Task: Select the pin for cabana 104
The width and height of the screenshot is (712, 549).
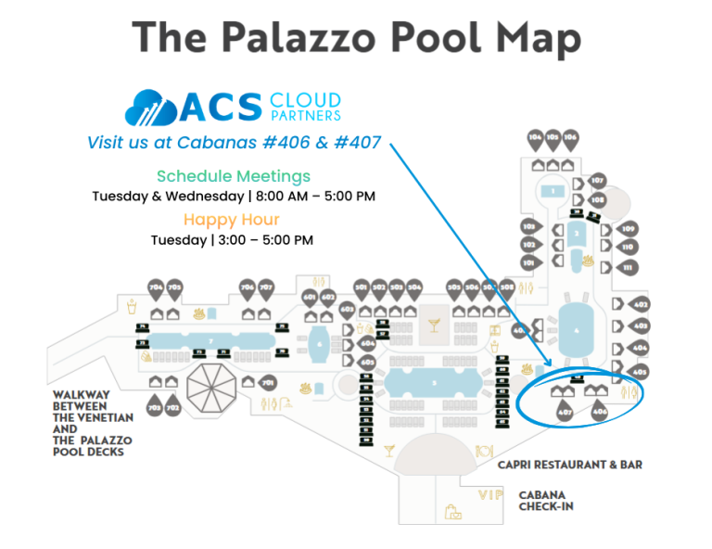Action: coord(535,140)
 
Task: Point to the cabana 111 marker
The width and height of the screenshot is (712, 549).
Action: coord(628,268)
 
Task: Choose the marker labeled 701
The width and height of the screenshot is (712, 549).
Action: coord(268,382)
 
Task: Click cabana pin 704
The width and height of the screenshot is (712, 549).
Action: coord(156,289)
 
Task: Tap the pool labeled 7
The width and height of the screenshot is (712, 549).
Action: coord(213,341)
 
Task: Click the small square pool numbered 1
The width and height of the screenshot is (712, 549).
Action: coord(553,191)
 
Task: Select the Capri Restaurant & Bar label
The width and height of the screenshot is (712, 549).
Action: coord(569,465)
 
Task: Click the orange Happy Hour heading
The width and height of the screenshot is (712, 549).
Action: coord(231,220)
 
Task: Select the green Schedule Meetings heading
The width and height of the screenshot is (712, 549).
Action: coord(234,176)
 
